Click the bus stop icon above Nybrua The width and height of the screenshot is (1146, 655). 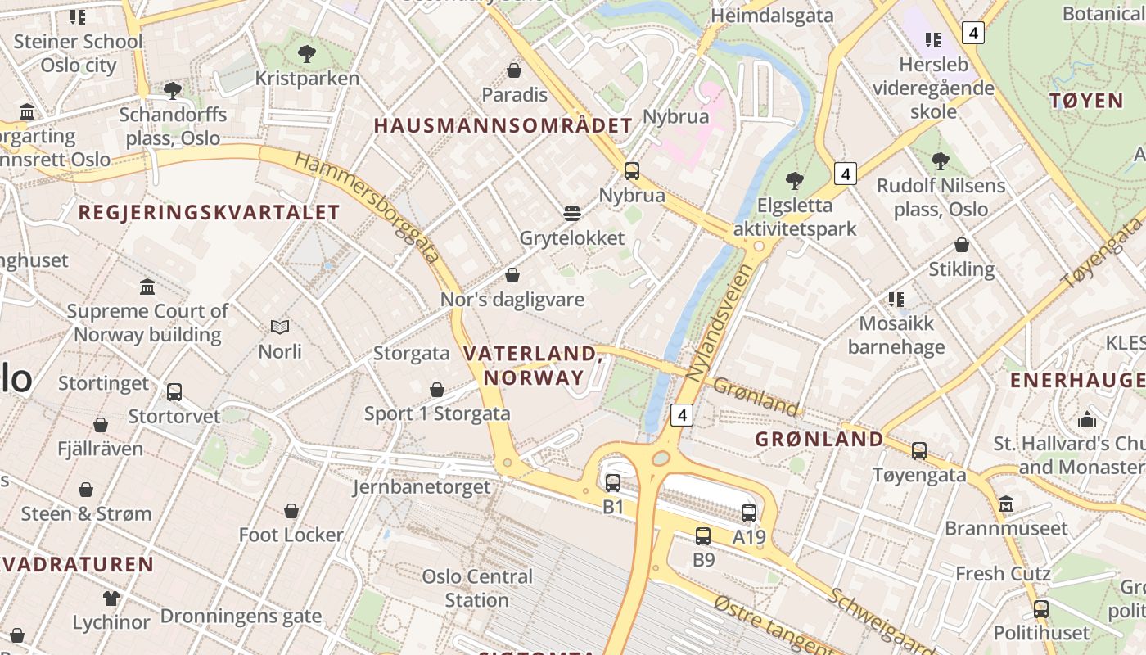point(631,171)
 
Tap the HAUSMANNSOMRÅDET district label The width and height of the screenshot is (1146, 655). point(503,125)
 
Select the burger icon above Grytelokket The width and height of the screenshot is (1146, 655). point(572,214)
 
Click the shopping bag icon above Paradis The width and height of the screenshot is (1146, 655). point(514,70)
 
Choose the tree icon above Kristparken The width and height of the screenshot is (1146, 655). point(307,54)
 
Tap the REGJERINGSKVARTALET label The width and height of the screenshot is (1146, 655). point(209,212)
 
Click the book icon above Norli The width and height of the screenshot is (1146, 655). point(280,327)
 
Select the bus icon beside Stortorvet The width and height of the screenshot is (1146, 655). point(174,392)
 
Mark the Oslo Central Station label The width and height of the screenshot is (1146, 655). point(477,588)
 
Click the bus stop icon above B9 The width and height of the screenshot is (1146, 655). point(703,536)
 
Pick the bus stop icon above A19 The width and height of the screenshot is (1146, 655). point(749,513)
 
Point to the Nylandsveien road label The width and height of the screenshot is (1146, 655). point(719,322)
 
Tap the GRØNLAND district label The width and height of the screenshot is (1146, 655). point(819,439)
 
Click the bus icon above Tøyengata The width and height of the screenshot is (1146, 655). point(919,450)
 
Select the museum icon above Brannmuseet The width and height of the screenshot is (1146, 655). point(1006,504)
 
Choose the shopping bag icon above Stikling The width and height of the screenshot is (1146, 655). point(962,245)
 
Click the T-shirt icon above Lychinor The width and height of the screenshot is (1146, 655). point(111,598)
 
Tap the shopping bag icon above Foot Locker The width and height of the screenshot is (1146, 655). point(291,511)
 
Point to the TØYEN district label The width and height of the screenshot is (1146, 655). point(1086,101)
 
